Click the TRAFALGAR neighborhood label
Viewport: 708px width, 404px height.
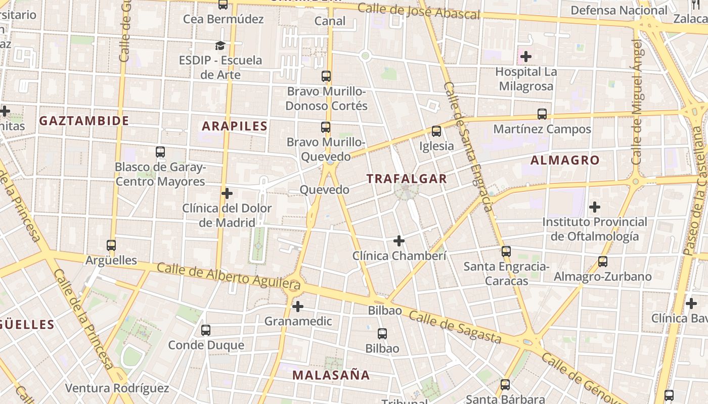(407, 179)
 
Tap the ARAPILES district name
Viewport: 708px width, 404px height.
(235, 126)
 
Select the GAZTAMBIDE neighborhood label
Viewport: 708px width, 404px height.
(84, 121)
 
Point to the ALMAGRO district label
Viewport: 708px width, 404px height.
(565, 161)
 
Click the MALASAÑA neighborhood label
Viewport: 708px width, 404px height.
(331, 375)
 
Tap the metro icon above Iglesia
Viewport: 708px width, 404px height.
(436, 131)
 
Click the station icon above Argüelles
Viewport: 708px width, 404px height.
(111, 245)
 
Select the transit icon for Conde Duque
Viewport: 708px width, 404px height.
(206, 330)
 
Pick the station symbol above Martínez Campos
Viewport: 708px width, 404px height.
(542, 114)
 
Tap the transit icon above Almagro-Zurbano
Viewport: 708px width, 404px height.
(602, 262)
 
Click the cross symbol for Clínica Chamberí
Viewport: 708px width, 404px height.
(399, 241)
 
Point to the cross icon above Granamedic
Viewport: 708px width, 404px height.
(298, 306)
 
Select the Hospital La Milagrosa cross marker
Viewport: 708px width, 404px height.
(526, 56)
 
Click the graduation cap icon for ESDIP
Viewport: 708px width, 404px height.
(220, 46)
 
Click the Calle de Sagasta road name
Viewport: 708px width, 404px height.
(455, 328)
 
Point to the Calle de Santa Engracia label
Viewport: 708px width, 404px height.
(468, 146)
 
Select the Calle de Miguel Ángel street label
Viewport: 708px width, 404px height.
(638, 101)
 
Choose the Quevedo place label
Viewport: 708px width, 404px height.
(324, 190)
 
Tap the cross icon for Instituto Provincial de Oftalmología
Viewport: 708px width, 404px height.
(595, 207)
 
